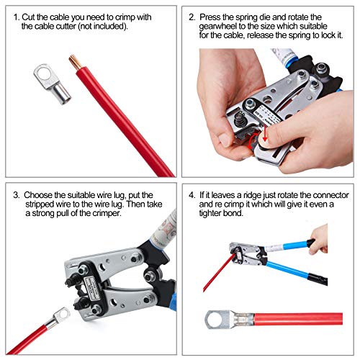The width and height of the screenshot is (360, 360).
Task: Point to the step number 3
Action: (16, 194)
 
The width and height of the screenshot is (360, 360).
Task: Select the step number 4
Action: (192, 194)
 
